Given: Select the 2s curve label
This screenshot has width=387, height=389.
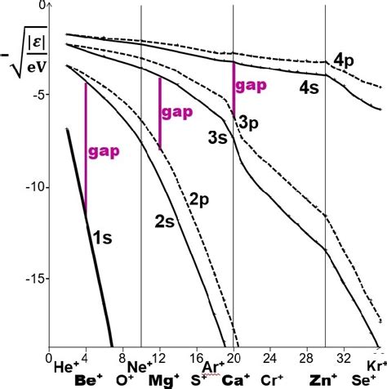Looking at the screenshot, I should coord(165,219).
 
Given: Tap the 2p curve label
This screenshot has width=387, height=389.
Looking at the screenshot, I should coord(201,199).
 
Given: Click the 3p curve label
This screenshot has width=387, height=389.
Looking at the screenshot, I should coord(249,121).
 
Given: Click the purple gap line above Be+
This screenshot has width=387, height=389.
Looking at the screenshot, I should coord(86,147).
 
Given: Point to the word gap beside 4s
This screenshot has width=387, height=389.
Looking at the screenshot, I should coord(250,85).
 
